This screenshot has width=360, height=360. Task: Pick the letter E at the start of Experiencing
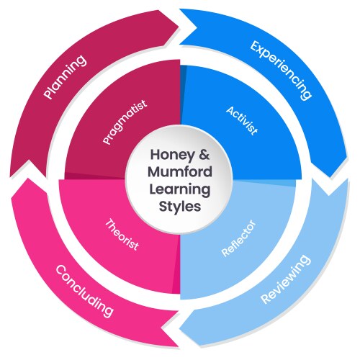click(x=254, y=48)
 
